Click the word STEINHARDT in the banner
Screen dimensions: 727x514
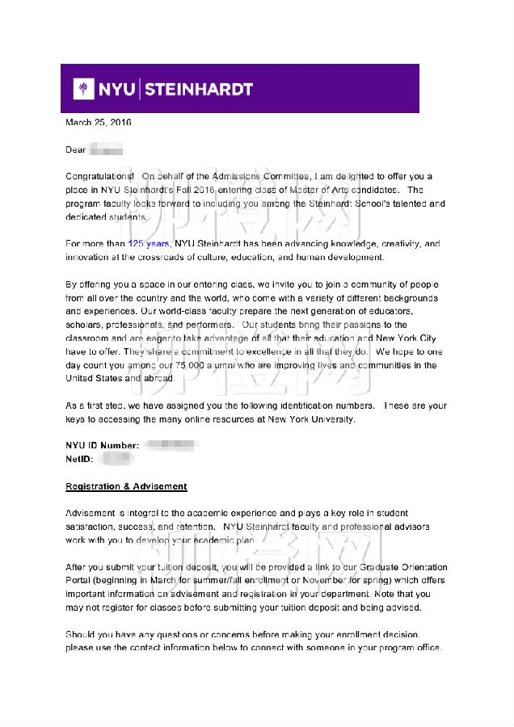point(199,89)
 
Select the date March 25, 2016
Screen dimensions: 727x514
point(98,123)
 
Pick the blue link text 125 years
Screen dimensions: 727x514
point(149,243)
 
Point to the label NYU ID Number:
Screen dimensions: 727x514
point(102,445)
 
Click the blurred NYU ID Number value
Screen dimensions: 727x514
point(171,445)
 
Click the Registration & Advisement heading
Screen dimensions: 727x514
point(126,486)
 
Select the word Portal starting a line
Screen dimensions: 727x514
point(78,581)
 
